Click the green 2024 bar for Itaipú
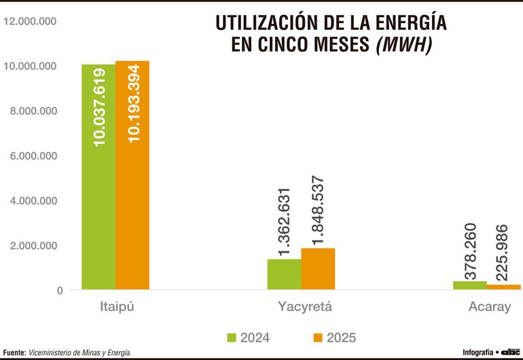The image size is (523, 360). pyautogui.click(x=98, y=177)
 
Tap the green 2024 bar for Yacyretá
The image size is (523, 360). pyautogui.click(x=284, y=274)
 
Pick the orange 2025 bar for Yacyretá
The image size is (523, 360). pyautogui.click(x=318, y=269)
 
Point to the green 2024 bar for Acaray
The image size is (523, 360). pyautogui.click(x=469, y=285)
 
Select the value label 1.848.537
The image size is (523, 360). pyautogui.click(x=317, y=210)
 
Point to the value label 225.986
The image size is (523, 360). pyautogui.click(x=503, y=252)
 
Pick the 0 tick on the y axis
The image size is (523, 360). pyautogui.click(x=60, y=290)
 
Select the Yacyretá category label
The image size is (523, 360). pyautogui.click(x=304, y=306)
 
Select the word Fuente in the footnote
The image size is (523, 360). pyautogui.click(x=14, y=353)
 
